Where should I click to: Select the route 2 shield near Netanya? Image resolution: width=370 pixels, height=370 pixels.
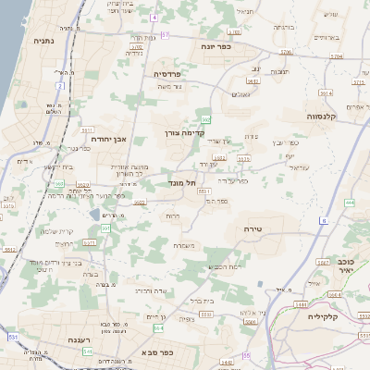(x=60, y=86)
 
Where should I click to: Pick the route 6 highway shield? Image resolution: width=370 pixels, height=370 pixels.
(x=324, y=220)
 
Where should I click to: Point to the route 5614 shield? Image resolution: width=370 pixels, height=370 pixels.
(x=325, y=92)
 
